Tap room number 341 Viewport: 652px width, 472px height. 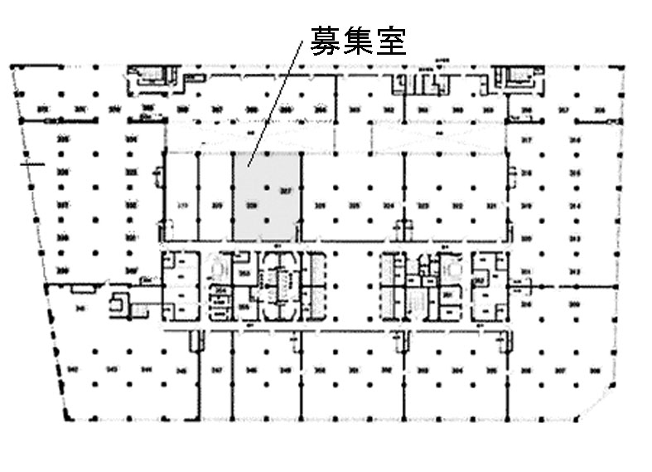(x=79, y=308)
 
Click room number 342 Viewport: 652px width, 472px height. (x=72, y=369)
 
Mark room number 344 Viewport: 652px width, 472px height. (x=146, y=369)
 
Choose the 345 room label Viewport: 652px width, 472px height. (x=179, y=369)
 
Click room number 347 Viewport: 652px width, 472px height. (x=217, y=369)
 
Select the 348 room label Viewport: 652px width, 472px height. (x=253, y=369)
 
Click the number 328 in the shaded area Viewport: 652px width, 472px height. (x=252, y=205)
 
